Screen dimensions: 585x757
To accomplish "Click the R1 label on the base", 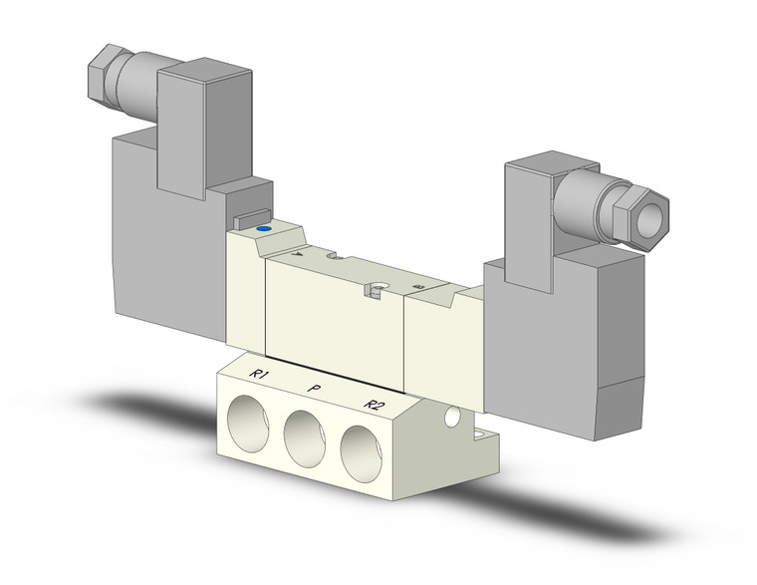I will point(260,375).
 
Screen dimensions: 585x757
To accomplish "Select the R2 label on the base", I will point(374,404).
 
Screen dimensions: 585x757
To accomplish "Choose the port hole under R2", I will point(363,449).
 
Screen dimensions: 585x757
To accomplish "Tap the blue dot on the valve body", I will point(263,229).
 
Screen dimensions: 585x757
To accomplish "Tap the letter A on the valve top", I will point(296,254).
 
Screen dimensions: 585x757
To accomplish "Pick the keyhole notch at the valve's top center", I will point(377,291).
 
